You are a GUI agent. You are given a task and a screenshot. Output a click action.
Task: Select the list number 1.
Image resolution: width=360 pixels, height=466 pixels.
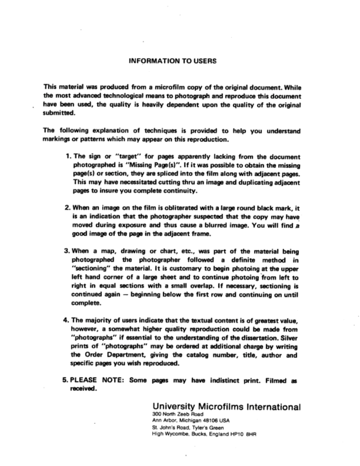pos(67,156)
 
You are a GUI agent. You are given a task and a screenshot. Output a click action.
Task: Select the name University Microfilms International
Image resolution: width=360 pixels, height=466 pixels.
pos(226,407)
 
